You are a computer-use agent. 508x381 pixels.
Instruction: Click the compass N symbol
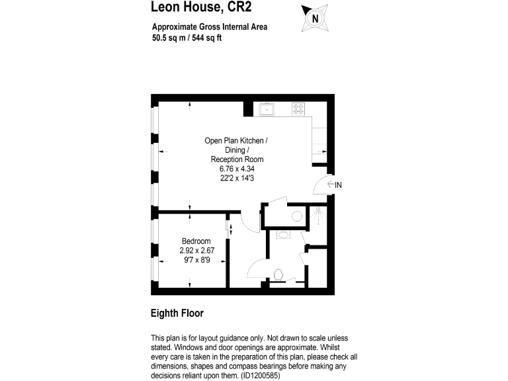(x=315, y=18)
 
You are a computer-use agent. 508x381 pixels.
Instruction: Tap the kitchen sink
(x=268, y=108)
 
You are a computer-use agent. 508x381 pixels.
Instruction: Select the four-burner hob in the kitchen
(x=299, y=108)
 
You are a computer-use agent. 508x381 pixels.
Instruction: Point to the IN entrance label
(x=338, y=185)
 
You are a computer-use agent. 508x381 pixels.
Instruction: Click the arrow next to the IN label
(x=330, y=185)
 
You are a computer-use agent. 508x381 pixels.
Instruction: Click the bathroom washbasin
(x=283, y=234)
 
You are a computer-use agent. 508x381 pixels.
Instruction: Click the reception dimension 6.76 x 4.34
(x=237, y=169)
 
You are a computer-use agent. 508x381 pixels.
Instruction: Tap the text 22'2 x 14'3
(x=237, y=178)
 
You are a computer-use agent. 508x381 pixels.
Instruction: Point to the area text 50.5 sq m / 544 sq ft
(x=187, y=38)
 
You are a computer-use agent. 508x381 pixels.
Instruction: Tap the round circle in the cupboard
(x=296, y=216)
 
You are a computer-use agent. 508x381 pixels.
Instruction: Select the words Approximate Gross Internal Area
(x=210, y=27)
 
